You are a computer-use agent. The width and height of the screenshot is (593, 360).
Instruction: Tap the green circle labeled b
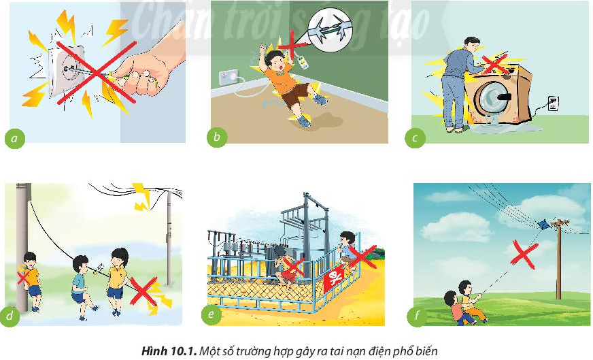coord(216,138)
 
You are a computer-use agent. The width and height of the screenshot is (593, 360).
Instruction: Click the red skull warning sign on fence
coord(335,279)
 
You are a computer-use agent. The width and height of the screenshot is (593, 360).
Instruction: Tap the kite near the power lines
coord(543,224)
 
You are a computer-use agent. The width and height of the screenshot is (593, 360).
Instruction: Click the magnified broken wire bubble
coord(331,29)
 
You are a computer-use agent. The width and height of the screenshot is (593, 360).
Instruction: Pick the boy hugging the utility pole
coord(30,276)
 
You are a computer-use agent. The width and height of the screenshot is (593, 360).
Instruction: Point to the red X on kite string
coord(521,255)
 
